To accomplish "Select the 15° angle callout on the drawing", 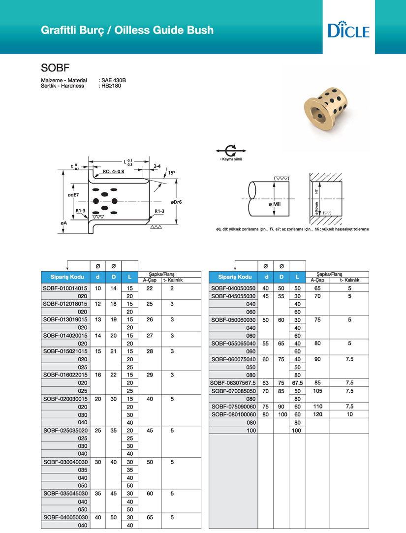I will tap(171, 173).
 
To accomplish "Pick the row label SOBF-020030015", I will tap(65, 399).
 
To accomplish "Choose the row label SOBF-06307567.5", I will tap(233, 382).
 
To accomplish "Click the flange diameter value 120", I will tap(317, 414).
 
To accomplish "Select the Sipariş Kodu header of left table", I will tap(64, 277).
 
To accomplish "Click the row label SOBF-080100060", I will tap(234, 414).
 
